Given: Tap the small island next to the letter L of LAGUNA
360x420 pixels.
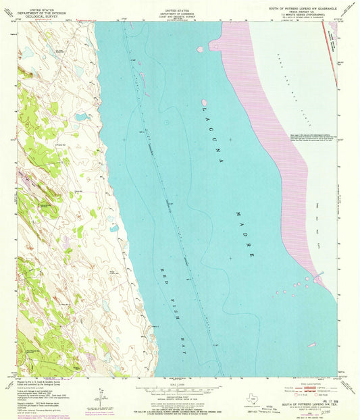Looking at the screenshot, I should (204, 102).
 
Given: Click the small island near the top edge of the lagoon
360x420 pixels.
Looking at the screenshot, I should (200, 49).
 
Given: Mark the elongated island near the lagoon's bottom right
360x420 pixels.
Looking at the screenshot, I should (311, 345).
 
